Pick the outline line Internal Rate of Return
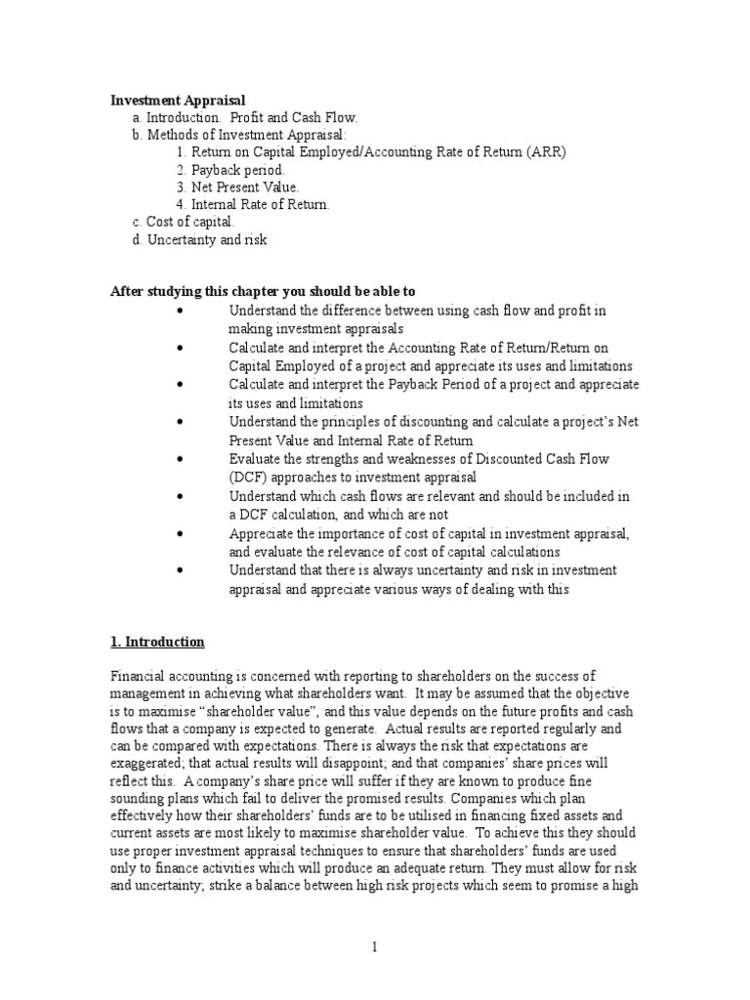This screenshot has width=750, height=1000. (x=261, y=204)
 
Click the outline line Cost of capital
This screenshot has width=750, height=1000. (x=184, y=222)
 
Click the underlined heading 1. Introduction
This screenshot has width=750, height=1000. (x=157, y=642)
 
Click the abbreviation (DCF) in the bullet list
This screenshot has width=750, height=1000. (x=248, y=478)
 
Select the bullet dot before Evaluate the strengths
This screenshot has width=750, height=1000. (x=182, y=459)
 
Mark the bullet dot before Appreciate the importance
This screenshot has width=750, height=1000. (x=182, y=534)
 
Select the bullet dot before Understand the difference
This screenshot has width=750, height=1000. (x=182, y=311)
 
